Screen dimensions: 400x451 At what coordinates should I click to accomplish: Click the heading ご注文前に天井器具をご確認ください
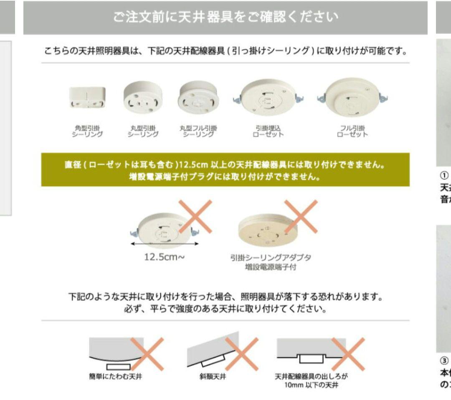point(225,18)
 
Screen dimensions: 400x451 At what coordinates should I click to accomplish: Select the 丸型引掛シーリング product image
point(143,98)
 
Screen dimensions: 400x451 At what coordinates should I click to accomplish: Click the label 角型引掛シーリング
point(87,131)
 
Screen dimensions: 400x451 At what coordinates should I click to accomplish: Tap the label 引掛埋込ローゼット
point(268,131)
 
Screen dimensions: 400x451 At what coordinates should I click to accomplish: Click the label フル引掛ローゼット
point(353,131)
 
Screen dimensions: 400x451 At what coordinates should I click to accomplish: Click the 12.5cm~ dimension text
point(162,257)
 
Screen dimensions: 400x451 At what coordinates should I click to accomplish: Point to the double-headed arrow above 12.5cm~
point(163,244)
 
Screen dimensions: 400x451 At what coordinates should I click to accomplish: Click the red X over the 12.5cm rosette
point(195,216)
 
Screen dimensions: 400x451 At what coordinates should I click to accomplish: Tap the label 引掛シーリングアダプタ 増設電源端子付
point(271,262)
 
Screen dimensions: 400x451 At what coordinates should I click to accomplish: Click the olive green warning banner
point(225,169)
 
